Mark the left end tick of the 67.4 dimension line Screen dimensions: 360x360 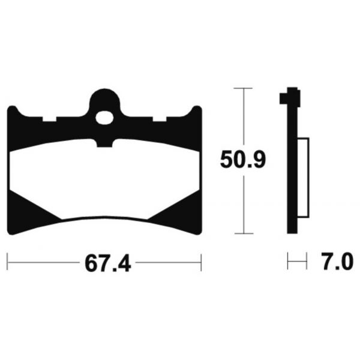(x=7, y=262)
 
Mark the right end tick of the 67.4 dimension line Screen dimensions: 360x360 (x=200, y=262)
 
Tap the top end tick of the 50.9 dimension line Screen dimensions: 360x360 (x=242, y=88)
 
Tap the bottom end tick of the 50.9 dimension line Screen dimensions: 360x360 (x=242, y=233)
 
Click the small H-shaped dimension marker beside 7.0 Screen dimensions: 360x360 (x=293, y=262)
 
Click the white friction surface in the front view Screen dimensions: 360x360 (x=105, y=180)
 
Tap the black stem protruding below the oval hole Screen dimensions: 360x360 (x=106, y=140)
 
